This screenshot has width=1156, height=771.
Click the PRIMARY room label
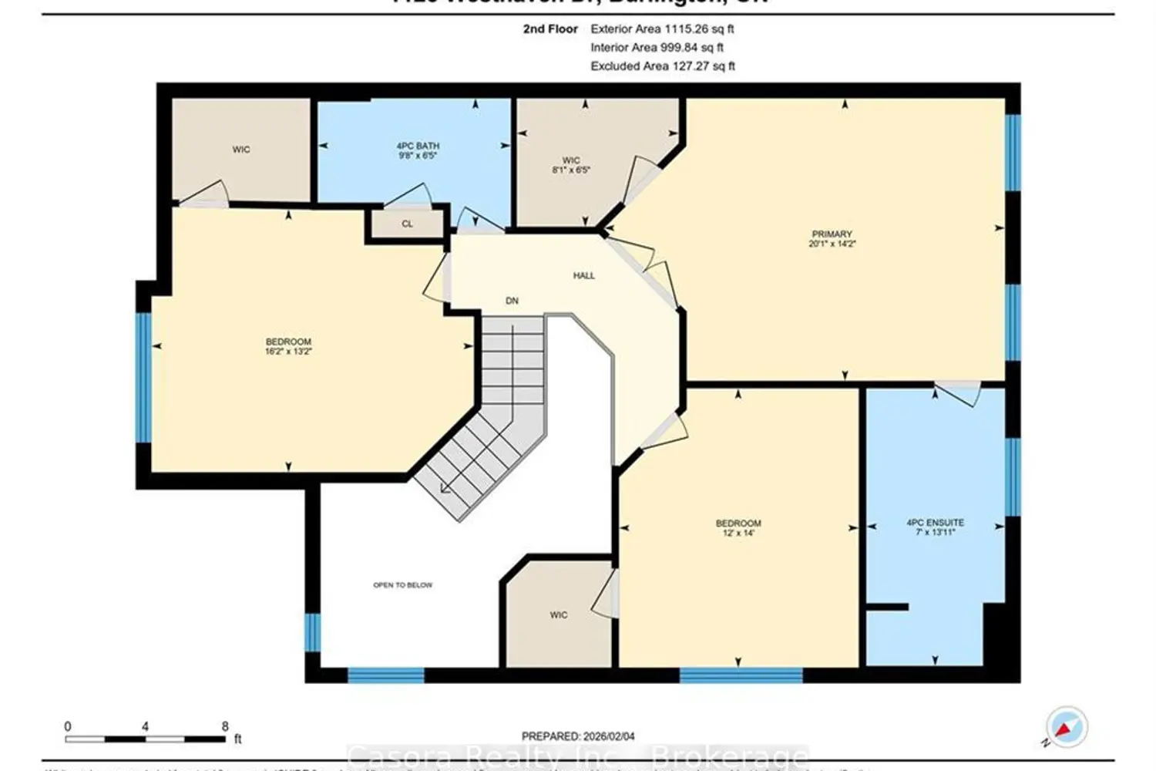pyautogui.click(x=832, y=234)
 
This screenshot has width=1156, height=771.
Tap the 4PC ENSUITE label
pyautogui.click(x=935, y=522)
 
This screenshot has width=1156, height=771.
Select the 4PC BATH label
pyautogui.click(x=418, y=146)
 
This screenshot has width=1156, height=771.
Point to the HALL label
pyautogui.click(x=583, y=275)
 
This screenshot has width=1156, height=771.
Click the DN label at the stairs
pyautogui.click(x=512, y=301)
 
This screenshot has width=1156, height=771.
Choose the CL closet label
pyautogui.click(x=407, y=224)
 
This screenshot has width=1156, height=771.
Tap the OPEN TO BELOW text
pyautogui.click(x=402, y=585)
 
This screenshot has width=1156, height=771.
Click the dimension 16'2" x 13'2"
pyautogui.click(x=288, y=352)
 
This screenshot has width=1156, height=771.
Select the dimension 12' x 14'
pyautogui.click(x=738, y=533)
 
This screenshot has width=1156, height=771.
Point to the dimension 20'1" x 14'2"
pyautogui.click(x=832, y=244)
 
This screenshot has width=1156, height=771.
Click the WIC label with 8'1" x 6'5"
pyautogui.click(x=570, y=161)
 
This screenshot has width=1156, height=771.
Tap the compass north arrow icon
pyautogui.click(x=1066, y=727)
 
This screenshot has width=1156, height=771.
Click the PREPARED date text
pyautogui.click(x=578, y=736)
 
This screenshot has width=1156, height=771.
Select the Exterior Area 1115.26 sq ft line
pyautogui.click(x=662, y=29)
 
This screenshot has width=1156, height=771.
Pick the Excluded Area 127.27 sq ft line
pyautogui.click(x=662, y=66)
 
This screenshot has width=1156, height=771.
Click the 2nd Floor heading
pyautogui.click(x=550, y=29)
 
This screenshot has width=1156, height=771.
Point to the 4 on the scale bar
pyautogui.click(x=145, y=726)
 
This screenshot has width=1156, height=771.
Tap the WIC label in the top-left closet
pyautogui.click(x=241, y=150)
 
